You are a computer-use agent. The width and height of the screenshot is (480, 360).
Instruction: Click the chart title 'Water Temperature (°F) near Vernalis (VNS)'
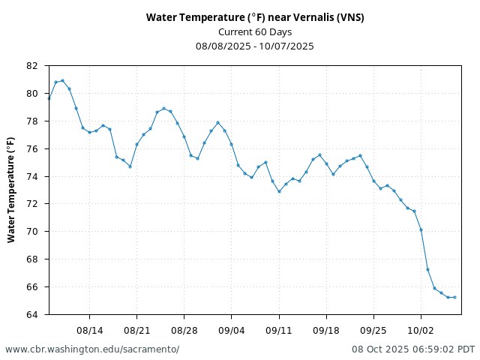tap(255, 17)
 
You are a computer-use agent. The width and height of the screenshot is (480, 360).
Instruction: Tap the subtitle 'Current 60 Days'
tap(255, 31)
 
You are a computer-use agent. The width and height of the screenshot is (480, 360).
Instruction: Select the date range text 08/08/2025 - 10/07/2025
tap(255, 46)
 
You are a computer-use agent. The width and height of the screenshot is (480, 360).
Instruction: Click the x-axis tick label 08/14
tap(89, 329)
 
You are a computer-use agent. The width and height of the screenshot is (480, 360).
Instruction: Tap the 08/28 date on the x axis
tap(184, 329)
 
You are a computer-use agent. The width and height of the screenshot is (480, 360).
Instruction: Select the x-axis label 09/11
tap(279, 329)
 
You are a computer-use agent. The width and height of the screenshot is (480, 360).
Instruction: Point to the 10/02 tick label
tap(421, 329)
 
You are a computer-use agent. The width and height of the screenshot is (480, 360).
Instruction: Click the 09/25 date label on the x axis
tap(373, 329)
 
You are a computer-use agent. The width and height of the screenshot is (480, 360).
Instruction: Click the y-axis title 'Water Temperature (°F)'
tap(11, 189)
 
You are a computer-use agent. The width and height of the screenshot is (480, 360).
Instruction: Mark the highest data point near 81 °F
tap(62, 80)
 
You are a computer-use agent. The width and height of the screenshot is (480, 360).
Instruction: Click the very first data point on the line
tap(49, 98)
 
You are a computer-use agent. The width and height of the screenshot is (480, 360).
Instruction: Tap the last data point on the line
tap(454, 297)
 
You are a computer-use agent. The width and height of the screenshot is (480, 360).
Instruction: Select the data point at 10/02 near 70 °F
tap(421, 229)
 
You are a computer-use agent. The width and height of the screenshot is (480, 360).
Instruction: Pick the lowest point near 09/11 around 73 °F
tap(279, 191)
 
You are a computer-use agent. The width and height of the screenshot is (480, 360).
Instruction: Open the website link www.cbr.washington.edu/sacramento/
tap(92, 349)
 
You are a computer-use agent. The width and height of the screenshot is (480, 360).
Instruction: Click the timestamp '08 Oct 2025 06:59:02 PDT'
tap(413, 349)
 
